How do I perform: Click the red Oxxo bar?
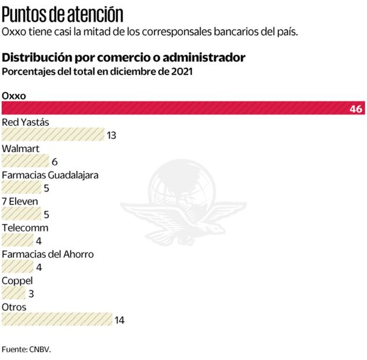[x=174, y=108]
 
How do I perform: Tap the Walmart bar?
[x=25, y=161]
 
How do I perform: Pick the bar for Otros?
[x=57, y=319]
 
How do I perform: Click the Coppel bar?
[x=13, y=293]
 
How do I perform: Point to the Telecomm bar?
[x=17, y=240]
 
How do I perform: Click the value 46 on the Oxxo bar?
[x=356, y=109]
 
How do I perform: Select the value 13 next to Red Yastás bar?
[x=111, y=135]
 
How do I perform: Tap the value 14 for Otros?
[x=120, y=320]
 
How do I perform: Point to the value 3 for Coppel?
[x=31, y=294]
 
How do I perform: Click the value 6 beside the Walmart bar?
[x=54, y=161]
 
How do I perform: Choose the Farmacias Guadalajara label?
[x=50, y=175]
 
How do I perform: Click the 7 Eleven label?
[x=20, y=201]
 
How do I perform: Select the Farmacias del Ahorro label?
[x=48, y=254]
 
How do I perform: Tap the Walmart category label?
[x=21, y=149]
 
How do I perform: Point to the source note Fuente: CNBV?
[x=30, y=350]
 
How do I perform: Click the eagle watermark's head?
[x=217, y=228]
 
